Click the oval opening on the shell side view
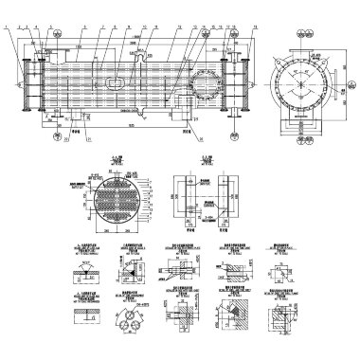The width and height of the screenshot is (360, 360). pyautogui.click(x=115, y=82)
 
